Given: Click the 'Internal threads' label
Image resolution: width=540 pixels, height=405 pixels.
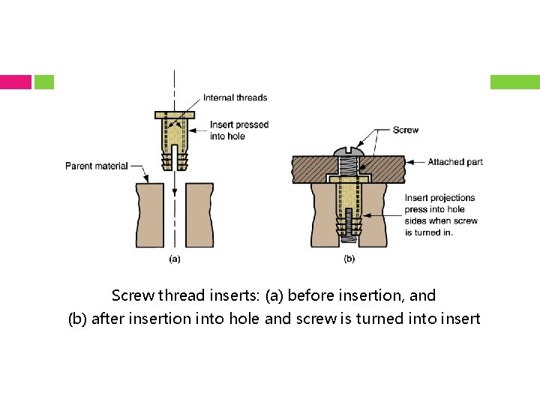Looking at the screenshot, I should click(x=235, y=97).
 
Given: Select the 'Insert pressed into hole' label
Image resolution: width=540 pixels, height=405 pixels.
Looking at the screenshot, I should click(x=238, y=130).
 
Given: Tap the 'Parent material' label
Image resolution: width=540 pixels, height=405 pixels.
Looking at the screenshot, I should click(x=96, y=166).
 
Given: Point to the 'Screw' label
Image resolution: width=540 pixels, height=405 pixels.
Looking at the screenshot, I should click(x=405, y=130).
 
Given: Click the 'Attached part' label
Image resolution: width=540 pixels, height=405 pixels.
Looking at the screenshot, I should click(x=455, y=161).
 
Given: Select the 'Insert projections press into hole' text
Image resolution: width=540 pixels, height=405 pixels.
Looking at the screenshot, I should click(x=439, y=203).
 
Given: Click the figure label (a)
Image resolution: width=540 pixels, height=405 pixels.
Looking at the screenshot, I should click(x=174, y=259).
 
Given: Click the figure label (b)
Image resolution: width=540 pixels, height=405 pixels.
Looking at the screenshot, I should click(x=349, y=259).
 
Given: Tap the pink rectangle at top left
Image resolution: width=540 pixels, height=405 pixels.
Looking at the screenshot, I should click(x=16, y=82).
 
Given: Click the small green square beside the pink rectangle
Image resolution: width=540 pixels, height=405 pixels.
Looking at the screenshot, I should click(x=44, y=82).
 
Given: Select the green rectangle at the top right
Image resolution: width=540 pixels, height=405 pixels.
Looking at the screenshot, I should click(x=514, y=82).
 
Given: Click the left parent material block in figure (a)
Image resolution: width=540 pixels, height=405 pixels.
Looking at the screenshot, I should click(x=151, y=215).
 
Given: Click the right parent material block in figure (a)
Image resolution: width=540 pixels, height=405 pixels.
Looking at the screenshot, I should click(x=199, y=215).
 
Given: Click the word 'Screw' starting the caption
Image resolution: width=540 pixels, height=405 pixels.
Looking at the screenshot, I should click(x=130, y=295).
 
